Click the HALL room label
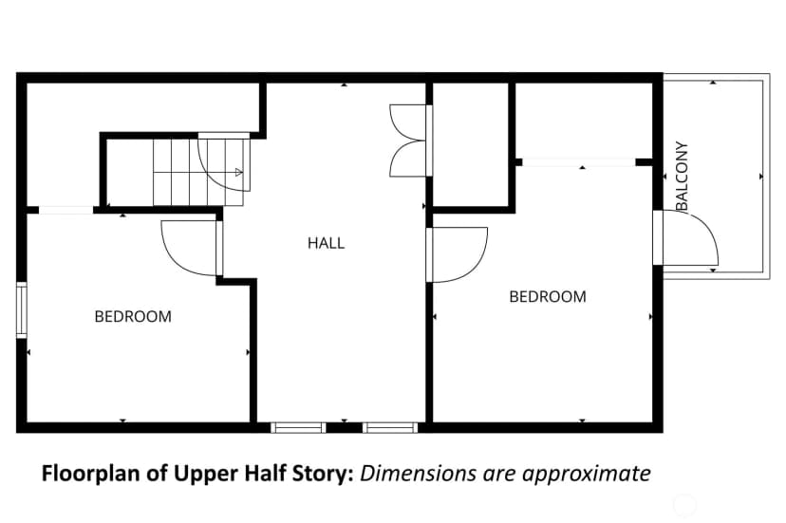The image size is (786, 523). (x=326, y=243)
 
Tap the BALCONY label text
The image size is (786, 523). (x=682, y=176)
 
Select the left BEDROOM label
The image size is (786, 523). (x=133, y=316)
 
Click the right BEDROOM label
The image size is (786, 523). (x=548, y=296)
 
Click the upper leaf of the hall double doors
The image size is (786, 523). (x=407, y=122)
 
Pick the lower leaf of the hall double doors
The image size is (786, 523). (x=407, y=159)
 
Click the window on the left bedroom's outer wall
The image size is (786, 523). (x=22, y=309)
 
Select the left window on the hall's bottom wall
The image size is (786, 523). (x=298, y=428)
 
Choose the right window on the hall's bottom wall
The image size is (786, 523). (x=390, y=428)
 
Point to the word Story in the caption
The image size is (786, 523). (x=326, y=475)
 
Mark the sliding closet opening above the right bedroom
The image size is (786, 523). (x=579, y=162)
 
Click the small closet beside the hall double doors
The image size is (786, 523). (x=471, y=144)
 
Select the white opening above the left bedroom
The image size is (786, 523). (x=65, y=210)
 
